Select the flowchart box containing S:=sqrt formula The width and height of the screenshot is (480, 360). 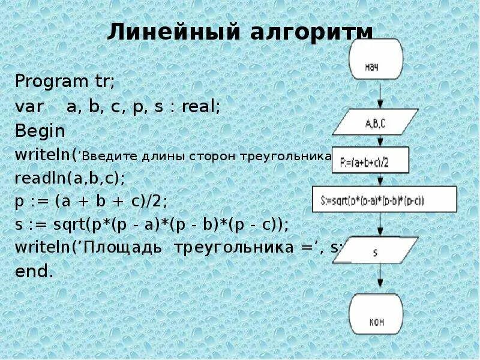click(384, 198)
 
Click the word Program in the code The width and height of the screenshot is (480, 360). click(43, 81)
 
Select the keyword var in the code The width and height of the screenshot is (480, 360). click(29, 107)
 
